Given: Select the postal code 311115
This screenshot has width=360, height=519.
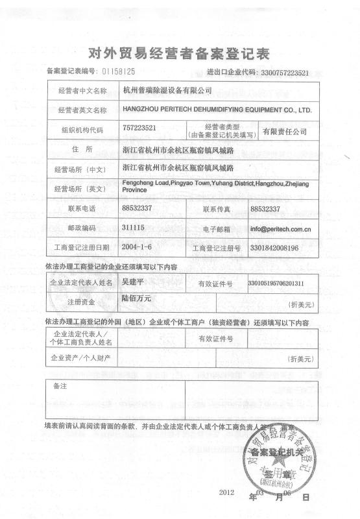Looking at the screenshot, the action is [x=133, y=228].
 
